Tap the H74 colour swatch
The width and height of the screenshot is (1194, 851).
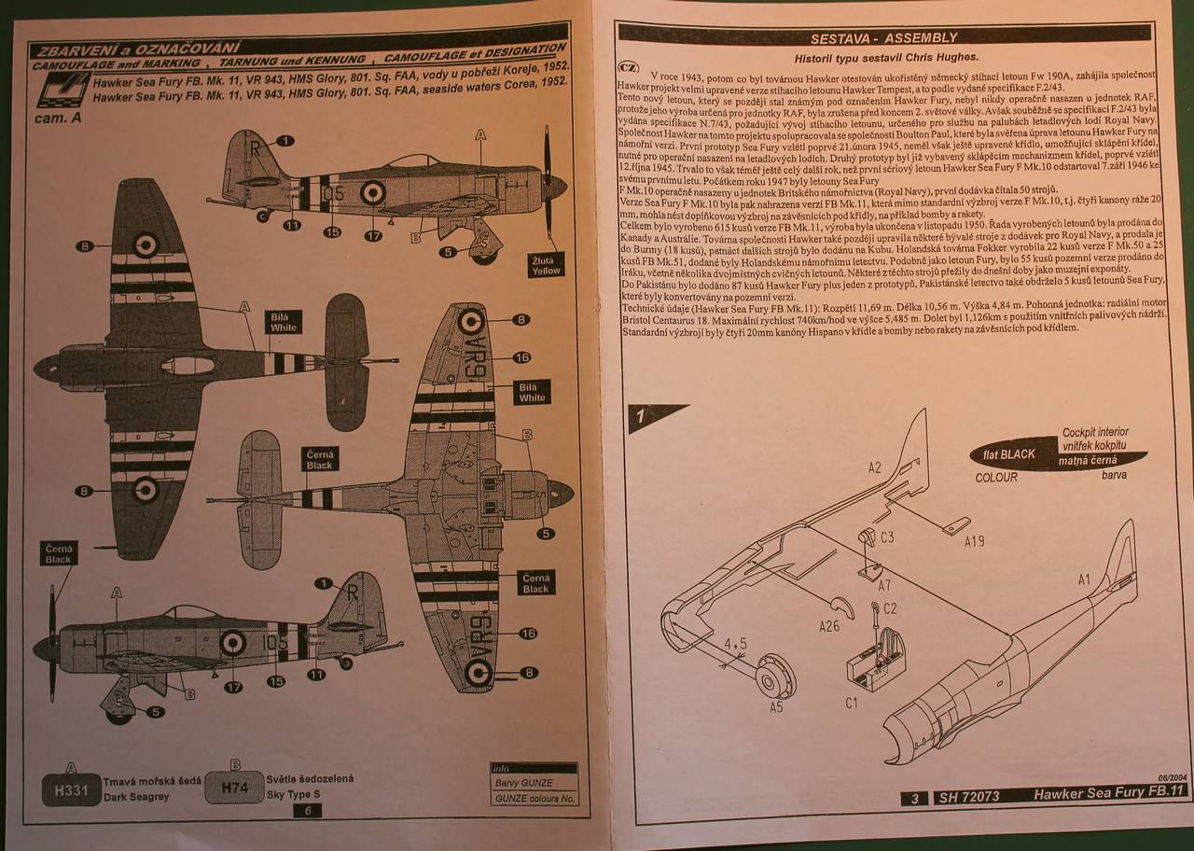[233, 788]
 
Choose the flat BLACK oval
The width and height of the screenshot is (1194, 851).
[1004, 454]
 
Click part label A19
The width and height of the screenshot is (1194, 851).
[976, 541]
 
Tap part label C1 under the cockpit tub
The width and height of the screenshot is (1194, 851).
[851, 703]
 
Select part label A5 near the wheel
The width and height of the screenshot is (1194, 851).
[776, 706]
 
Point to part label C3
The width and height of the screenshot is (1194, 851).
[887, 537]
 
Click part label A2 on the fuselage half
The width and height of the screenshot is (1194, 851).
[874, 467]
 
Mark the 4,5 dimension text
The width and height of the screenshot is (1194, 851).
[736, 643]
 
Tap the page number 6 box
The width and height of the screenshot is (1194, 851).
[308, 811]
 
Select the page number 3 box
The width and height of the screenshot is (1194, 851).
[916, 799]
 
